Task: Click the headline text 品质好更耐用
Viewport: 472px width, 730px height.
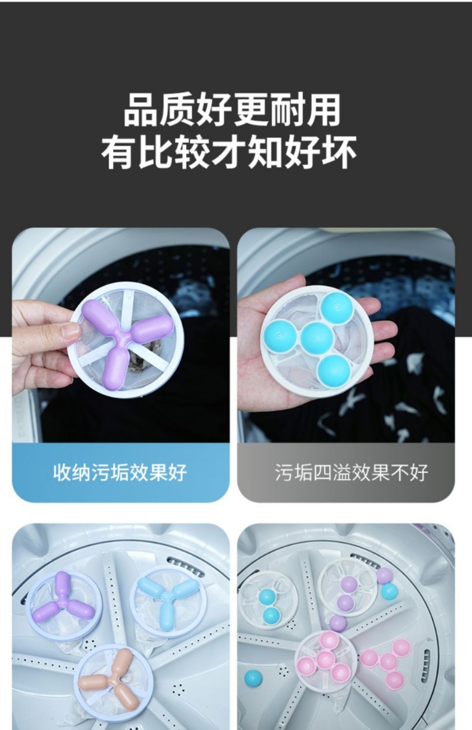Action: click(232, 109)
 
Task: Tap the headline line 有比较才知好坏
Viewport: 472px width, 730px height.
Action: click(229, 152)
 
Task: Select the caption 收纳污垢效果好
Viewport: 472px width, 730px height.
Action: click(120, 473)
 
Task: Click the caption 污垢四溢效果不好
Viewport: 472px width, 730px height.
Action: click(351, 473)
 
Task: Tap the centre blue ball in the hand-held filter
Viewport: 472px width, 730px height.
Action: click(317, 338)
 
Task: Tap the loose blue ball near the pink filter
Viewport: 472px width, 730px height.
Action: click(253, 680)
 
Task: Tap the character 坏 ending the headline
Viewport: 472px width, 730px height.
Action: click(339, 152)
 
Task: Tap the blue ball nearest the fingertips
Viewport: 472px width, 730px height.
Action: click(337, 308)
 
